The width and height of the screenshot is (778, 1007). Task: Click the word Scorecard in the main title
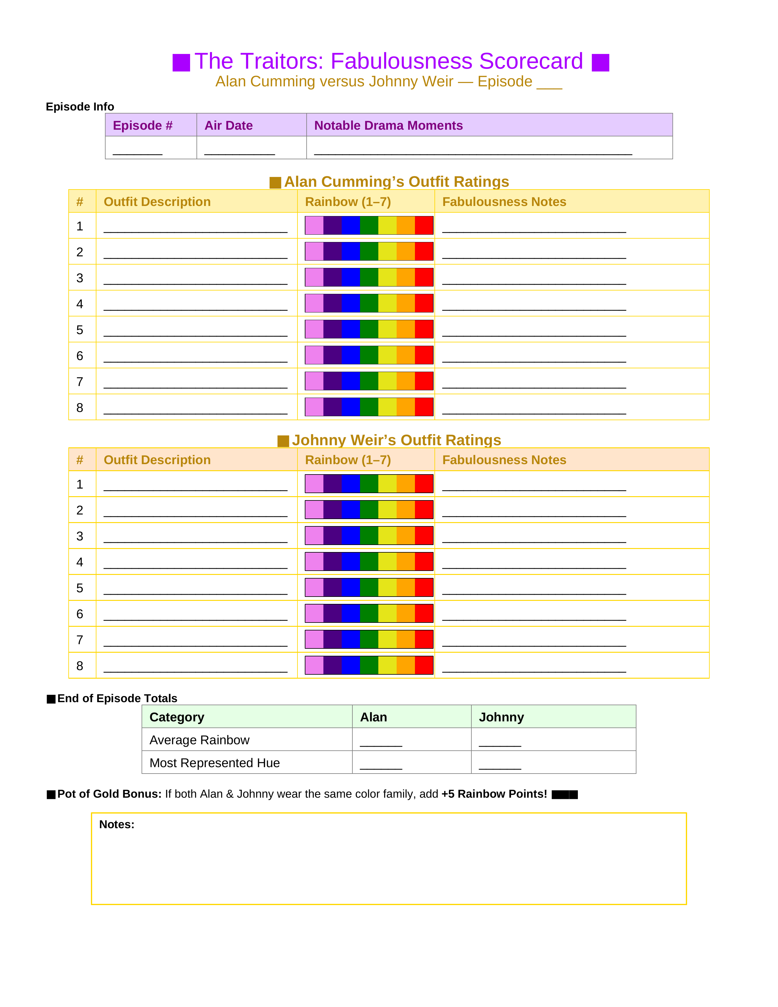(531, 61)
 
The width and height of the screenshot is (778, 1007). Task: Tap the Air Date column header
(229, 125)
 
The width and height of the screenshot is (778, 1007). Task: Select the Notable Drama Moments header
(388, 125)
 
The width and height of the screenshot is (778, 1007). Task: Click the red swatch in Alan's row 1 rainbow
(424, 226)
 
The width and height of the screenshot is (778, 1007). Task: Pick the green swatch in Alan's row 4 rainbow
(369, 303)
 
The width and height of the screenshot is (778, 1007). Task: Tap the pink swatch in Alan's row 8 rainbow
(314, 407)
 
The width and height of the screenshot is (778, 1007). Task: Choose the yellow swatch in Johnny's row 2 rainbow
(387, 510)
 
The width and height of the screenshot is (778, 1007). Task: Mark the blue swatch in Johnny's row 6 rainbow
(351, 613)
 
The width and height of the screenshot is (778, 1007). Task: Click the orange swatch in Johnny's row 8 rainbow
(405, 665)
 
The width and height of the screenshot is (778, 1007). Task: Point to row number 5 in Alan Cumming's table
(80, 330)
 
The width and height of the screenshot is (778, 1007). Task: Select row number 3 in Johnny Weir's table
(80, 536)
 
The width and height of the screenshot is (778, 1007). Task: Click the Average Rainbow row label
(199, 740)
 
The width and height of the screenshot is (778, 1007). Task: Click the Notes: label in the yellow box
(117, 825)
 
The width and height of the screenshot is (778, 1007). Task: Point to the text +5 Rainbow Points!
(494, 794)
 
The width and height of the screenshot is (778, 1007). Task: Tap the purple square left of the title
(181, 63)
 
